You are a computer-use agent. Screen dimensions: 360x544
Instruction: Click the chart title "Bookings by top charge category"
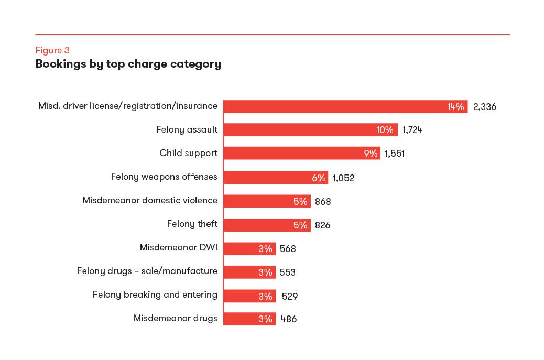pos(128,64)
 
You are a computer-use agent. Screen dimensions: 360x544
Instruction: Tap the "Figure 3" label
pos(52,50)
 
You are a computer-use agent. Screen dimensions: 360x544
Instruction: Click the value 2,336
pos(484,107)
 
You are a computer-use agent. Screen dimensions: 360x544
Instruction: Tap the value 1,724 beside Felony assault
pos(412,130)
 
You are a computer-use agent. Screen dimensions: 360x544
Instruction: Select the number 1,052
pos(343,178)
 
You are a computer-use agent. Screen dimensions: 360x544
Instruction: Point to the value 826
pos(323,225)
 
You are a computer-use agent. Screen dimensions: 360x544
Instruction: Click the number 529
pos(290,297)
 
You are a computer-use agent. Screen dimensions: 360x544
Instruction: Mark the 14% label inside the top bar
pos(455,107)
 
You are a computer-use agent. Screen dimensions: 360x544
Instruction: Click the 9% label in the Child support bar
pos(371,154)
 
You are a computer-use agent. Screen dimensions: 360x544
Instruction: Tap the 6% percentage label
pos(319,178)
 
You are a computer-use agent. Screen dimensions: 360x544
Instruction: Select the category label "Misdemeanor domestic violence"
pos(150,200)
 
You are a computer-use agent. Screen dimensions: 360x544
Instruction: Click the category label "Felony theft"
pos(192,224)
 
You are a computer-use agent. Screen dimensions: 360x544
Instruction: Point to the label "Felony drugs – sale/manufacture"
pos(147,271)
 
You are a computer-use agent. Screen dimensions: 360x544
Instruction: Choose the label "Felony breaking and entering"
pos(155,294)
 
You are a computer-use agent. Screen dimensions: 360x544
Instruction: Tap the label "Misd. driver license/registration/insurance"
pos(128,106)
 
